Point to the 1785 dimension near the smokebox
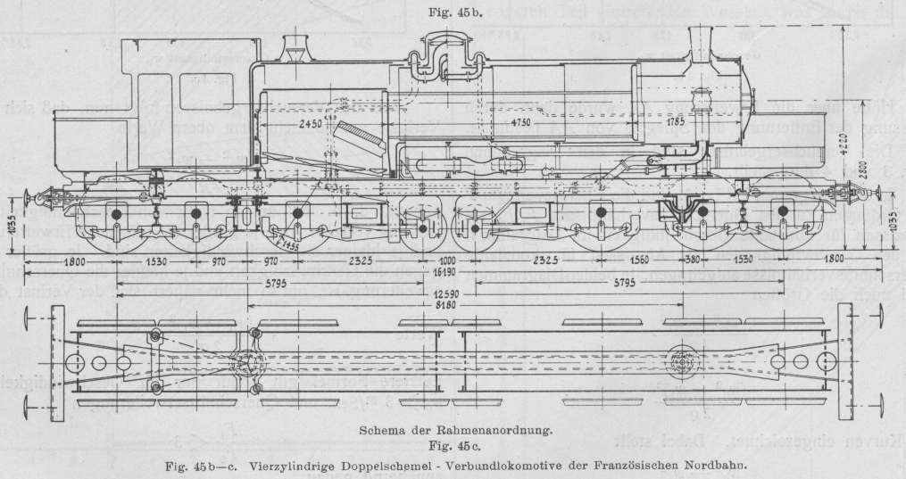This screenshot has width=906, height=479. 676,121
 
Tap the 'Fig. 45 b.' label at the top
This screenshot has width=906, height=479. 453,12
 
